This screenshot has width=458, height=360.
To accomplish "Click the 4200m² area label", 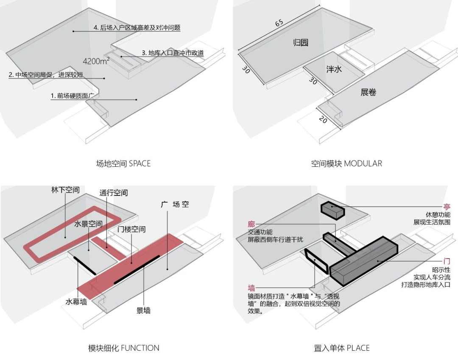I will point(96,61).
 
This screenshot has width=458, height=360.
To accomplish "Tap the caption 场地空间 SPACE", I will point(123,163).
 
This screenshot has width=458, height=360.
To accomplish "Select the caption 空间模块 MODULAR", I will point(346,163).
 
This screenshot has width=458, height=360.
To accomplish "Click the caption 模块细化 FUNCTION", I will point(123,348).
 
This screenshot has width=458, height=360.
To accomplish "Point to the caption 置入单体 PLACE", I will point(341,348).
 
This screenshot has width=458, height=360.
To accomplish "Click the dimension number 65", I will point(279,23).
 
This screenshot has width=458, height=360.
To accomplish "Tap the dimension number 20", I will point(323,120).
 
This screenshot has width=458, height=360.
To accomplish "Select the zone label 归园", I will point(300,42).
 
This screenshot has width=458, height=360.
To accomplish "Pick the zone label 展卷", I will point(368,92).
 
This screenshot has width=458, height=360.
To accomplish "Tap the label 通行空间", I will point(114,193).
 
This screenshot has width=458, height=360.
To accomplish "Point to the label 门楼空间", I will point(131,229).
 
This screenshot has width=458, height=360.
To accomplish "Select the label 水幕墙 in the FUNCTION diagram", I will point(76,302).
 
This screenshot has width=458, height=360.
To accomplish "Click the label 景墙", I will point(143,310).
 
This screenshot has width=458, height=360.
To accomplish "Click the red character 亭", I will point(447,207).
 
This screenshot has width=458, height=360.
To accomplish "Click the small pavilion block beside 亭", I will point(332,210).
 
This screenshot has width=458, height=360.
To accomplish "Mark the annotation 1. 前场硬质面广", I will point(75,96).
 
